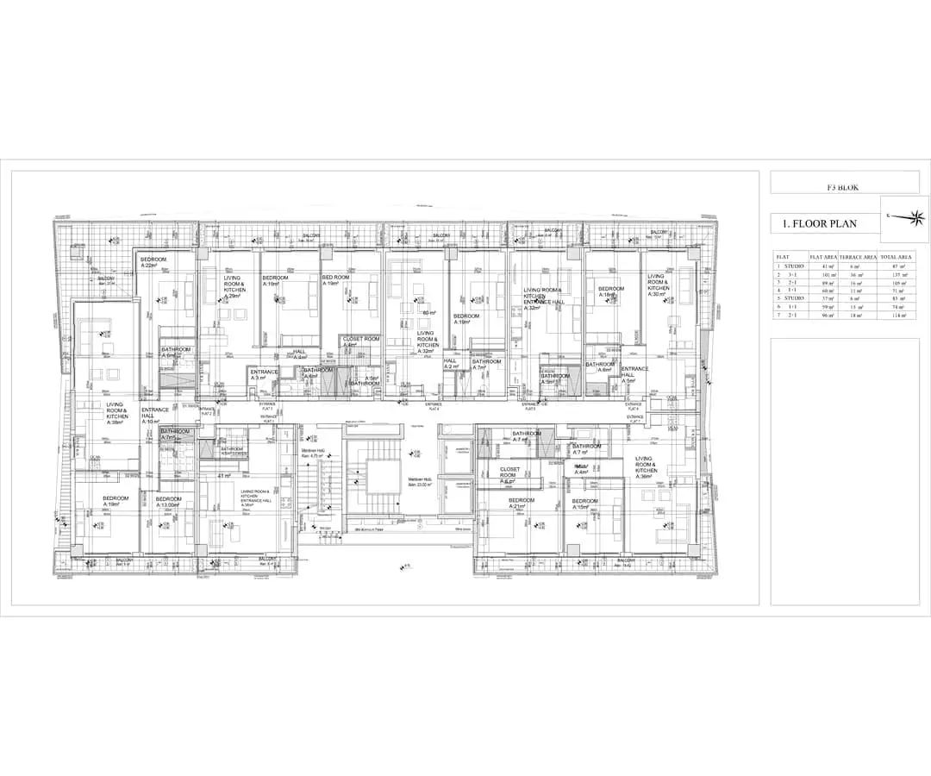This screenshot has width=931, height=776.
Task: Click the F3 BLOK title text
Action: [x=842, y=187]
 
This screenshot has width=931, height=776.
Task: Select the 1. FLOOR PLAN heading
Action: [x=819, y=223]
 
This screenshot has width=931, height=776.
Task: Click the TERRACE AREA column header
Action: [x=859, y=256]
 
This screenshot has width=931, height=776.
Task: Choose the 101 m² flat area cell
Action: [x=829, y=274]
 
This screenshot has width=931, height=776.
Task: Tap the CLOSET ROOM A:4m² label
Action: [x=360, y=342]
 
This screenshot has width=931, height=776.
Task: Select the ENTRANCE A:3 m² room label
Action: [x=264, y=375]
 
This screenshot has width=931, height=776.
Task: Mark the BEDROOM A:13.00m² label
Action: [x=169, y=502]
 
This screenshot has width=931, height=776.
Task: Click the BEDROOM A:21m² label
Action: [x=522, y=504]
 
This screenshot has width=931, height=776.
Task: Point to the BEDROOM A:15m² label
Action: [x=584, y=504]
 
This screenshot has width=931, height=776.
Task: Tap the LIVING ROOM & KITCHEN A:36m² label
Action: [x=646, y=467]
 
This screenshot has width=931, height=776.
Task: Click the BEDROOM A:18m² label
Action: [x=610, y=291]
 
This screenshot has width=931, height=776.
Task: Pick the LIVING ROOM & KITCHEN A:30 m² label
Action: [x=659, y=285]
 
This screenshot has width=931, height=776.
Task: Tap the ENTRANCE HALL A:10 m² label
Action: [x=155, y=416]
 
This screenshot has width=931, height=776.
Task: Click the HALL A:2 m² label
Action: [x=450, y=364]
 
